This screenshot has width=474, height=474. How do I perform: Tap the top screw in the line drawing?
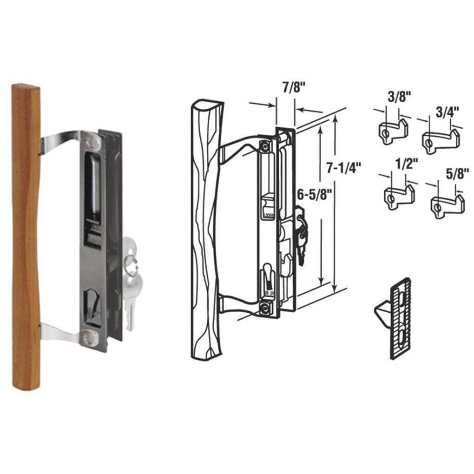(x=264, y=145)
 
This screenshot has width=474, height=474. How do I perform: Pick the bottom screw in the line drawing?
(x=264, y=307)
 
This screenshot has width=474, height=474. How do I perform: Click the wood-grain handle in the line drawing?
(x=204, y=232)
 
